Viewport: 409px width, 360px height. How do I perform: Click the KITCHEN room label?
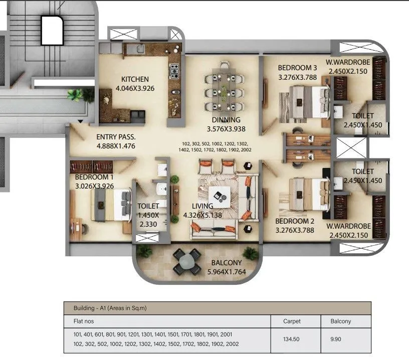pyautogui.click(x=134, y=79)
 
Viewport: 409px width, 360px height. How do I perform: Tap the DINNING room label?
pyautogui.click(x=226, y=120)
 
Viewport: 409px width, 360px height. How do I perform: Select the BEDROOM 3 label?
pyautogui.click(x=298, y=68)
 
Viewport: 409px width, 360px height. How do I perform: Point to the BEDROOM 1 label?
pyautogui.click(x=94, y=177)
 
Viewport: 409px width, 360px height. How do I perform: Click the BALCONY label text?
pyautogui.click(x=226, y=263)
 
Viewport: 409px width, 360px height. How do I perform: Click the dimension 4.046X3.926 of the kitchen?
pyautogui.click(x=134, y=88)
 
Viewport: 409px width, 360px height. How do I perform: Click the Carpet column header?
pyautogui.click(x=292, y=321)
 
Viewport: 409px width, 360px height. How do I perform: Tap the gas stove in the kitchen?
pyautogui.click(x=174, y=72)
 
